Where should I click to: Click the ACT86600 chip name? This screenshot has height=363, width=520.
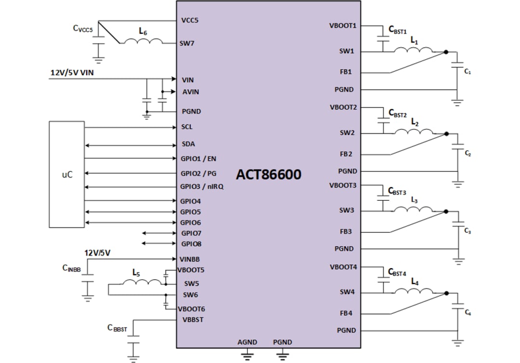tap(268, 174)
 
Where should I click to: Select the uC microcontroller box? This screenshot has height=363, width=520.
tap(67, 174)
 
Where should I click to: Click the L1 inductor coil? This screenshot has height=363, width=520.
tap(413, 51)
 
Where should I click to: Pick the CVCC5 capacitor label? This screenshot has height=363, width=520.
tap(83, 28)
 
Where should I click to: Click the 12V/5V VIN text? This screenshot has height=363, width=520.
tap(72, 73)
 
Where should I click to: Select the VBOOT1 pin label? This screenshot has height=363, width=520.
tap(343, 26)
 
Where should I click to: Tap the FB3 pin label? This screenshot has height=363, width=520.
tap(346, 232)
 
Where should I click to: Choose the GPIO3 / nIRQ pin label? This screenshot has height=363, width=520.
tap(202, 187)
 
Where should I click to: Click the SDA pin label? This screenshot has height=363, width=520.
tap(188, 144)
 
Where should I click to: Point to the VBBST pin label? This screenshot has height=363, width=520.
tap(193, 319)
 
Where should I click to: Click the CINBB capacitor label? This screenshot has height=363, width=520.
tap(71, 269)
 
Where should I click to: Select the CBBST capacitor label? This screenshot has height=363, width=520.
tap(117, 328)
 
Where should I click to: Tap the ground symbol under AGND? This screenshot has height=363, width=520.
tap(247, 356)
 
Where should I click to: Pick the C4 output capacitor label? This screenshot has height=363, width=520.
tap(468, 313)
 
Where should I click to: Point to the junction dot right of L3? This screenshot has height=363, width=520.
tap(446, 211)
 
